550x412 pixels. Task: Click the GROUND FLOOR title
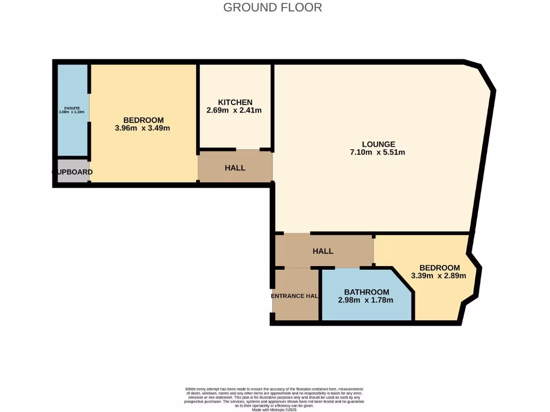272,8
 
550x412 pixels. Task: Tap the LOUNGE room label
378,144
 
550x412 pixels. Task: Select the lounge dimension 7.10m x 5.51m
378,152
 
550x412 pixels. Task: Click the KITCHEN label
235,102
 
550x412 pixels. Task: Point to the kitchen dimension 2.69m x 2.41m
235,111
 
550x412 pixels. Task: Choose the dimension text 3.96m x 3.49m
142,128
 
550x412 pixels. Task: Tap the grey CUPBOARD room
72,172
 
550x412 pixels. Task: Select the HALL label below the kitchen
235,168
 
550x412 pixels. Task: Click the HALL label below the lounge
323,251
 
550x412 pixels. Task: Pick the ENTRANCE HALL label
295,296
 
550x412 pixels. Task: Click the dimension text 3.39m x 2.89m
438,276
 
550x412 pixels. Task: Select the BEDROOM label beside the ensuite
143,120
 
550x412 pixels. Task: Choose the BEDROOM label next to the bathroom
439,268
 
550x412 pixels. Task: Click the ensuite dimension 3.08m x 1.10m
71,112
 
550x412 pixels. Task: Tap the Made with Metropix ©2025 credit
274,409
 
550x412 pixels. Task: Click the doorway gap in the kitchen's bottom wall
248,150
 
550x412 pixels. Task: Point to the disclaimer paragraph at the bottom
274,397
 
